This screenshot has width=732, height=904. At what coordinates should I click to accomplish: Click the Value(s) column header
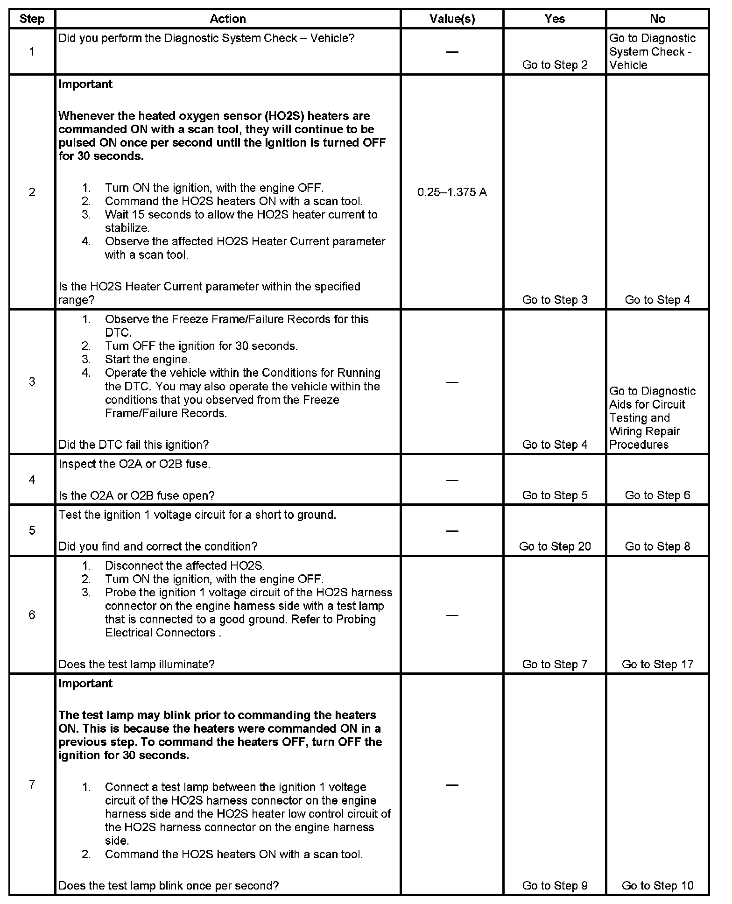(x=452, y=19)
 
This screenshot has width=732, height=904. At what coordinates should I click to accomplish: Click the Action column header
(x=228, y=19)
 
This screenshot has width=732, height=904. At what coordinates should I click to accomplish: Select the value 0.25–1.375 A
(x=452, y=192)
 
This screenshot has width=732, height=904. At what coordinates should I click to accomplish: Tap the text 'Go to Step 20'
(x=555, y=546)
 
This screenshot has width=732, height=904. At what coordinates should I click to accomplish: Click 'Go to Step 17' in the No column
(x=657, y=664)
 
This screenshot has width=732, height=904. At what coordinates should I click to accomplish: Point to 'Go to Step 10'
(x=657, y=885)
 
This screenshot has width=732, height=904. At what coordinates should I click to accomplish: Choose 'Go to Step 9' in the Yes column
(x=555, y=885)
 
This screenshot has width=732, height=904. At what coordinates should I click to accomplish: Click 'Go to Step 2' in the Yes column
(x=555, y=65)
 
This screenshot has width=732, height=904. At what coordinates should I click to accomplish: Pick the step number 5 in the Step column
(x=32, y=530)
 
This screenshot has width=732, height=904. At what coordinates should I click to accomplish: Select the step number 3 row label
(x=32, y=381)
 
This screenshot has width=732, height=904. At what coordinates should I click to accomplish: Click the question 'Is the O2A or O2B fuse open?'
(x=136, y=495)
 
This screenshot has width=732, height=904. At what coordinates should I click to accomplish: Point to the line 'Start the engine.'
(x=148, y=360)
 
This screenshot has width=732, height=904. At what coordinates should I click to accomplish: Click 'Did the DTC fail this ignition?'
(x=134, y=445)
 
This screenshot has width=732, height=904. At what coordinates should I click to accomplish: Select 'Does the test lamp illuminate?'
(x=136, y=664)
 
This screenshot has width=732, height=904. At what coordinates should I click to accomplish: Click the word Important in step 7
(x=85, y=684)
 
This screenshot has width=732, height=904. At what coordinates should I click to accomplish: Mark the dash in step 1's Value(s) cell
(x=452, y=52)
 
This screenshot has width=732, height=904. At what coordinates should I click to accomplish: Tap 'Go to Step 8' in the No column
(x=657, y=546)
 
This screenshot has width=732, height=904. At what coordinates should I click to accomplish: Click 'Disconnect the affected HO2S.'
(x=185, y=566)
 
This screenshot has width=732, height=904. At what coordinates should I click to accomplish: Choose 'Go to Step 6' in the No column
(x=657, y=495)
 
